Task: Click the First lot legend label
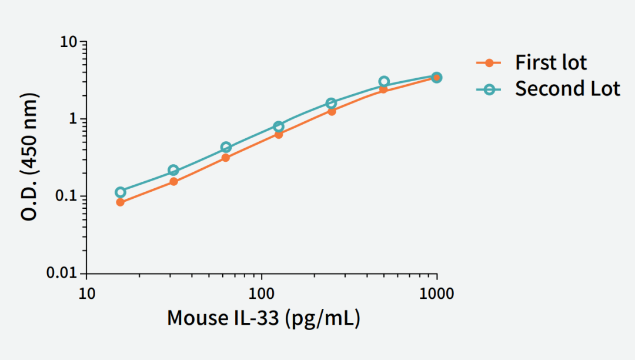(551, 62)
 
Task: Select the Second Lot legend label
(567, 89)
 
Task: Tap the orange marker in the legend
(489, 62)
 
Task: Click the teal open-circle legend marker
(489, 89)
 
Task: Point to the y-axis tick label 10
(69, 42)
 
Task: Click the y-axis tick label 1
(74, 119)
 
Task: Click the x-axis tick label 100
(262, 293)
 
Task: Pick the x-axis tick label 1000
(436, 293)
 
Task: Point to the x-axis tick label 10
(87, 293)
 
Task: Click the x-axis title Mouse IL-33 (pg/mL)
(263, 318)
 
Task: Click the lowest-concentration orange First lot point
(120, 202)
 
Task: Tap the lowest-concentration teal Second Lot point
(121, 192)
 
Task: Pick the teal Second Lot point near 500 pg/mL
(384, 82)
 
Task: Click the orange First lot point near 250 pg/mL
(332, 111)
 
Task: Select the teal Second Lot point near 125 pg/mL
(279, 126)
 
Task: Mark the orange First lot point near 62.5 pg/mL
(226, 158)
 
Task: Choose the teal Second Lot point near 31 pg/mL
(173, 171)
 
